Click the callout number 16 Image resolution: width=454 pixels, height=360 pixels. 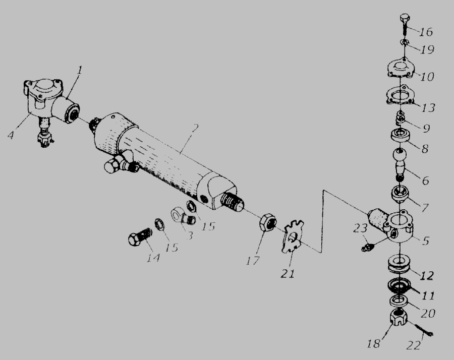426,31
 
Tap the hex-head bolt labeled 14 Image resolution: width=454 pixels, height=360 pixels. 140,236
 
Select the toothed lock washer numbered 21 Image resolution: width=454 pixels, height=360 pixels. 293,236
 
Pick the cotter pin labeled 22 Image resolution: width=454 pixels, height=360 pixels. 423,330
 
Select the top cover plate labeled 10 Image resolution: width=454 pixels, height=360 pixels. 401,68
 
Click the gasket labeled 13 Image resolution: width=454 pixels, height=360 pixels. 401,95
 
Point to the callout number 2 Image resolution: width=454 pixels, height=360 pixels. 196,128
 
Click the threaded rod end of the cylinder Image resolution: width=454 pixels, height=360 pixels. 232,201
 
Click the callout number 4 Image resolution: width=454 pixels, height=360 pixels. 11,135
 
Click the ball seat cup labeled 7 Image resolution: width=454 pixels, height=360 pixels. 400,195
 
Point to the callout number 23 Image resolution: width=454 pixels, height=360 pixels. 360,228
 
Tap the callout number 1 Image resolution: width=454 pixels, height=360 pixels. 79,70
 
